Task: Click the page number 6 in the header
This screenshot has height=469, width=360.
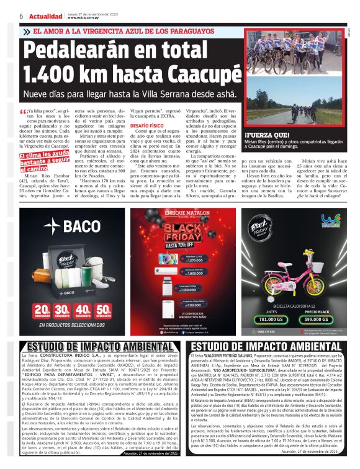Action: click(x=21, y=16)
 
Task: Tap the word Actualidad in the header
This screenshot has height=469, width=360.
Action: click(x=42, y=16)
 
